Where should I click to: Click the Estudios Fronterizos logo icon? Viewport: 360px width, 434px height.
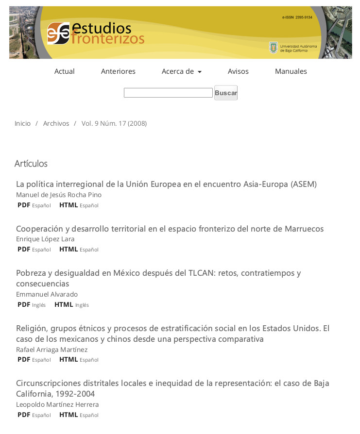(x=58, y=33)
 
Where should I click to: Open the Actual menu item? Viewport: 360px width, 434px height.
(x=65, y=71)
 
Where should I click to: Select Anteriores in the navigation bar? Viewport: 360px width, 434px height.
(x=118, y=71)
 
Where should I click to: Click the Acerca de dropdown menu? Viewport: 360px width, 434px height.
(x=181, y=71)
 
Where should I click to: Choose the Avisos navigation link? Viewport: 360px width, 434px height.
(x=238, y=71)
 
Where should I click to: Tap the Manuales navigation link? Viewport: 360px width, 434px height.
(x=291, y=71)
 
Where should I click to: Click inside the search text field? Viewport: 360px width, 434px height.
(x=168, y=93)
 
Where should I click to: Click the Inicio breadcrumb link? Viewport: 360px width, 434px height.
(x=22, y=123)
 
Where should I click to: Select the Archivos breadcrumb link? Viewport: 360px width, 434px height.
(x=56, y=123)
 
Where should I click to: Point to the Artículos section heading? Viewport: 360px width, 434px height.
(x=31, y=164)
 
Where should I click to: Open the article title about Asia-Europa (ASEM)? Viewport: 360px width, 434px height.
(x=166, y=184)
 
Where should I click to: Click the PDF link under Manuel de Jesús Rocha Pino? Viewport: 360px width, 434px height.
(x=24, y=205)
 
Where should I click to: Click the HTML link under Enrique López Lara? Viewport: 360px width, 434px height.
(x=69, y=250)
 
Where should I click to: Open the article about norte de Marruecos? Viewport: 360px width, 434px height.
(x=170, y=229)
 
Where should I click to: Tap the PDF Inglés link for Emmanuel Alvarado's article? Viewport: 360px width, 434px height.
(x=24, y=305)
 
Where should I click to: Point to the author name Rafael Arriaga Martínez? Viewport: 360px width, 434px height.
(x=51, y=350)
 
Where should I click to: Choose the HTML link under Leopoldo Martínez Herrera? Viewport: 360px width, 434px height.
(x=69, y=415)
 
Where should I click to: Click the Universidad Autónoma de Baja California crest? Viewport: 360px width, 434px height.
(x=274, y=48)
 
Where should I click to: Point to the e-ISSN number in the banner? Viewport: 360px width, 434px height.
(x=297, y=17)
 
